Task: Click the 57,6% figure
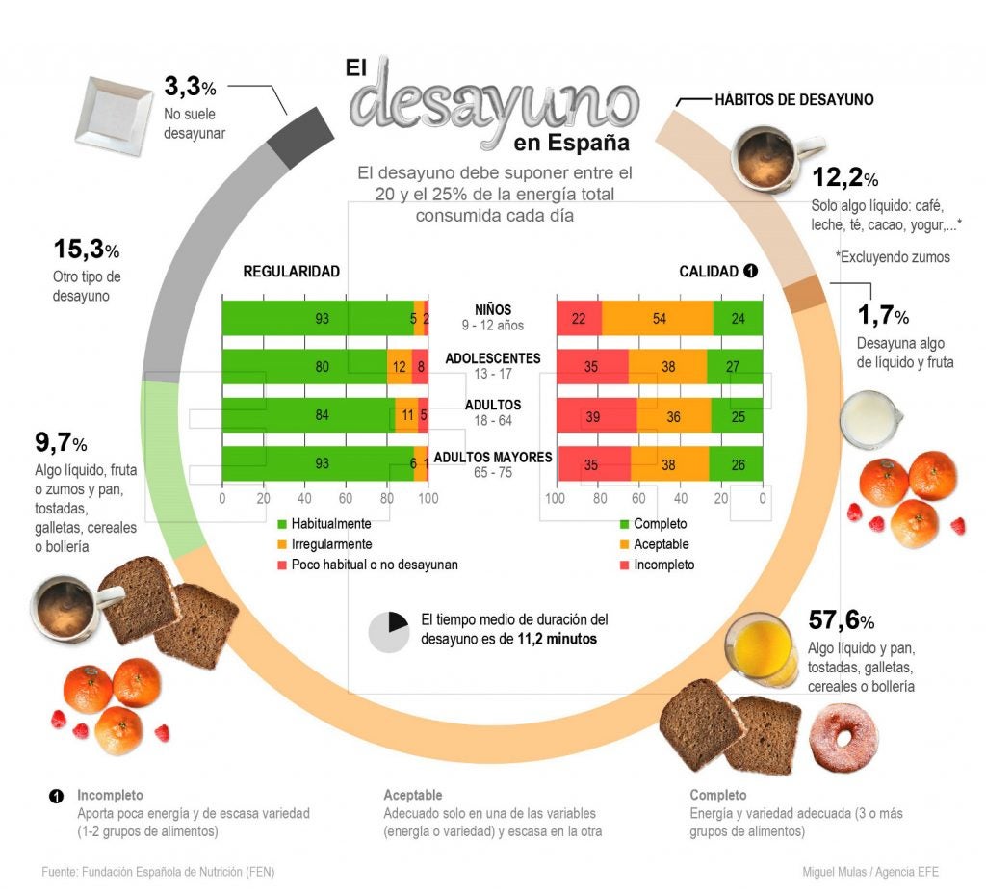tap(841, 618)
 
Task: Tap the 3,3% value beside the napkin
tap(190, 88)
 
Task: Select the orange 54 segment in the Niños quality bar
tap(659, 318)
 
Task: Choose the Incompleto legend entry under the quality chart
tap(662, 565)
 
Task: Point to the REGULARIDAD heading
tap(291, 272)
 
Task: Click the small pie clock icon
tap(388, 632)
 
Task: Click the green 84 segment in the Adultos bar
tap(308, 415)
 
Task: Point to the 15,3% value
tap(86, 250)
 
